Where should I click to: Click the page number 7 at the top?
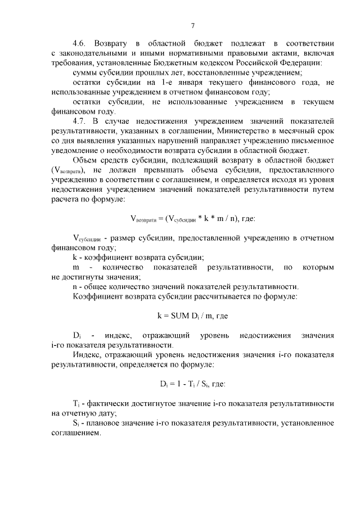(192, 25)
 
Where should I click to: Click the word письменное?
(309, 141)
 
